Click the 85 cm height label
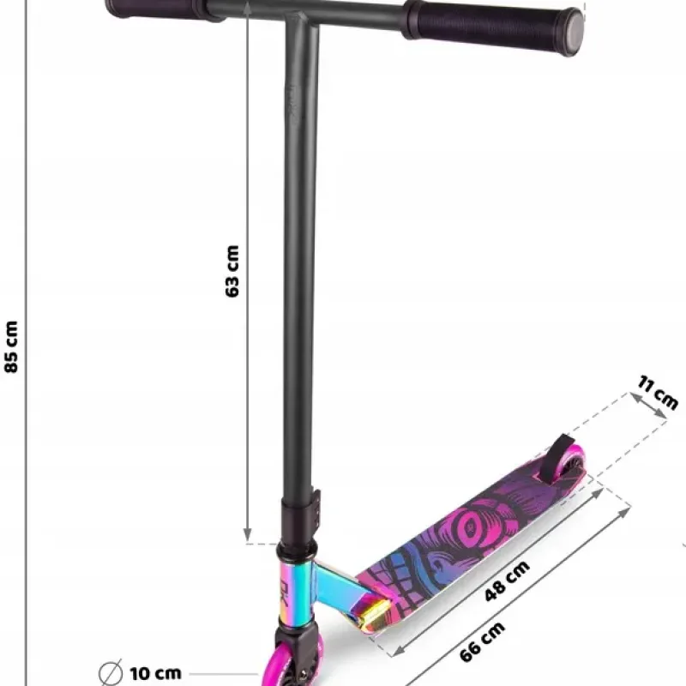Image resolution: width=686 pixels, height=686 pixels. coord(11,347)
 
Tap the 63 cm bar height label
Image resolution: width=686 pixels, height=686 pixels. coord(232,271)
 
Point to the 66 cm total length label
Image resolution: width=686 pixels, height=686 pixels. coord(483,641)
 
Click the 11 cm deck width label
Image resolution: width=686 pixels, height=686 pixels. coord(658,393)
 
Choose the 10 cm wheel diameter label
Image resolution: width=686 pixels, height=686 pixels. coord(155,673)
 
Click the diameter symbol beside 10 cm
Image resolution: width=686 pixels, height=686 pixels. coord(111,673)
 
